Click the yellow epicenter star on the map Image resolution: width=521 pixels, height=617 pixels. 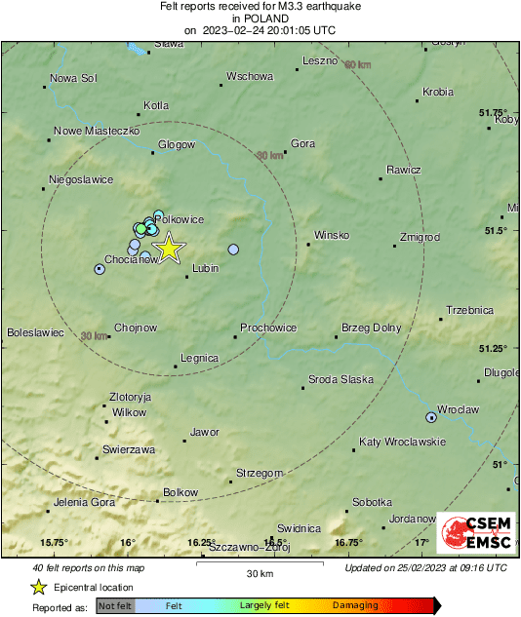point(169,248)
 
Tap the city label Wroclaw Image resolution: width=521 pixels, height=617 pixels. point(459,409)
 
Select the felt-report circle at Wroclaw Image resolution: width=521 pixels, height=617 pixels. point(431,417)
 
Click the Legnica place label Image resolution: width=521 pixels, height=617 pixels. point(200,358)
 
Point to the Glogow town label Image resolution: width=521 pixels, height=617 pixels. point(178,144)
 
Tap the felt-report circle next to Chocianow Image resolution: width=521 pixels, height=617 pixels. point(99,269)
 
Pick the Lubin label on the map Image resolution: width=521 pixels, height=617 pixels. point(205,268)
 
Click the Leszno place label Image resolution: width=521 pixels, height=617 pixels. point(320,60)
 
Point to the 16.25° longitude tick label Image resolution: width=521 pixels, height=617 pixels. point(201,543)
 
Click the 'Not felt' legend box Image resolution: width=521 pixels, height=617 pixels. point(115,605)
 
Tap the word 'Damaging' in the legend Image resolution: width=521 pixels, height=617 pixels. point(355,605)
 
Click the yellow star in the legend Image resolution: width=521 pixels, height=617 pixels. point(38,587)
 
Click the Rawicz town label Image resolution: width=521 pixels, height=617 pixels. point(403,170)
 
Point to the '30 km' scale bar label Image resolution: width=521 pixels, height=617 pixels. point(259,572)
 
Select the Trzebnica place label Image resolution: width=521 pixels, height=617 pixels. point(469,310)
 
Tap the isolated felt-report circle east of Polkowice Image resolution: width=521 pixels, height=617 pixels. point(233,250)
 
